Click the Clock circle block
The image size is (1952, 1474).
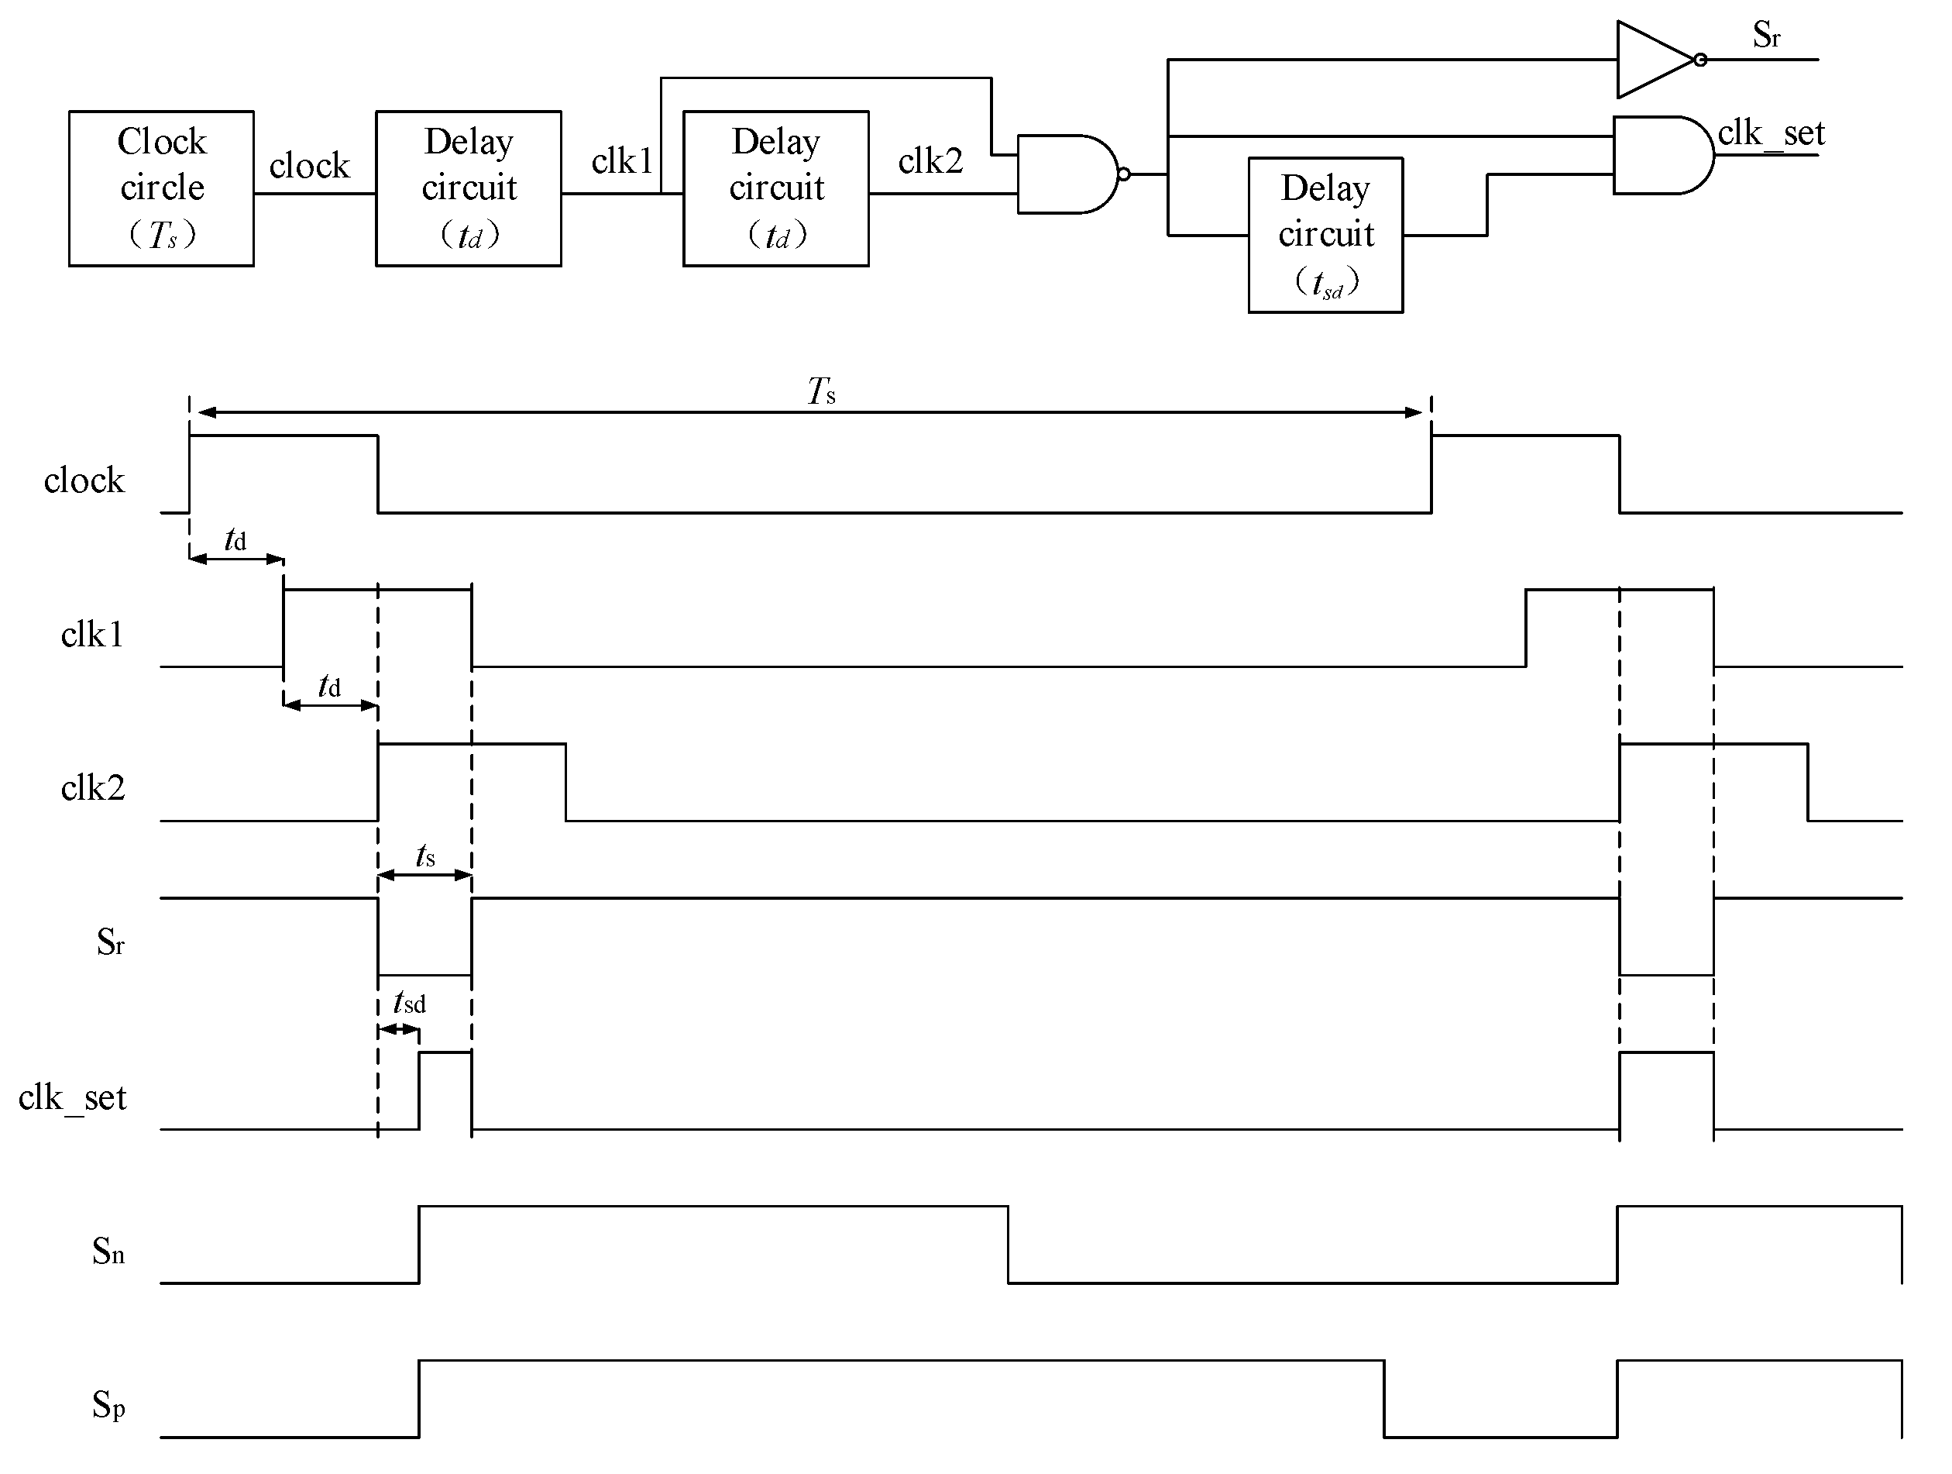[x=161, y=188]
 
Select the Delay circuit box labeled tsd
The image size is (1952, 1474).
[x=1325, y=235]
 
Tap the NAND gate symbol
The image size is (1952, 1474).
[x=1067, y=174]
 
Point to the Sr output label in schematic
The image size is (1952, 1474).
[x=1766, y=36]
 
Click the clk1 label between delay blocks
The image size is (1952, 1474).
[x=621, y=161]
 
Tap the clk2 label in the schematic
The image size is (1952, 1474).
[x=930, y=161]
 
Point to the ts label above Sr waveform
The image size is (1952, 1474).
[x=425, y=856]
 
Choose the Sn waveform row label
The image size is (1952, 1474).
[x=108, y=1252]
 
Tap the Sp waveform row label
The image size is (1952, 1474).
[x=108, y=1404]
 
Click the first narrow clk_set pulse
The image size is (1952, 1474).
[x=445, y=1090]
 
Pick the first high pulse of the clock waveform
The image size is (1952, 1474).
[x=284, y=472]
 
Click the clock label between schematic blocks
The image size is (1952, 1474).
[x=310, y=166]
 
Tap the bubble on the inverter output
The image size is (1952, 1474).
[x=1700, y=60]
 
